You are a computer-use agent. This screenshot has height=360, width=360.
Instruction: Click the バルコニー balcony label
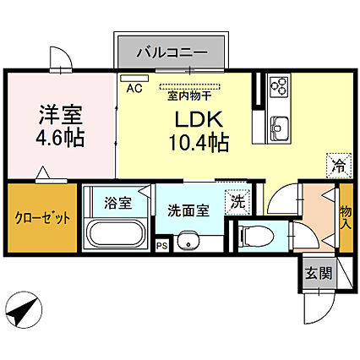(x=172, y=52)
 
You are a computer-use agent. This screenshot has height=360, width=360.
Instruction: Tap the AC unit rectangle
(x=134, y=78)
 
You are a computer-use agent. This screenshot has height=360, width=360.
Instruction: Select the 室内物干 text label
(x=189, y=96)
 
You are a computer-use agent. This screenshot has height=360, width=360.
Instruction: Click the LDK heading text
(x=199, y=120)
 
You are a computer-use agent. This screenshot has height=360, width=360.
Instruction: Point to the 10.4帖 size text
(x=199, y=143)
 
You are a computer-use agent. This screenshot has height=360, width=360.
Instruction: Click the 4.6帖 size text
(x=60, y=138)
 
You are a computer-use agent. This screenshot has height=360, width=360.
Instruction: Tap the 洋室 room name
(x=61, y=115)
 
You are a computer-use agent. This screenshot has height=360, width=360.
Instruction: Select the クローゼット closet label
(x=42, y=218)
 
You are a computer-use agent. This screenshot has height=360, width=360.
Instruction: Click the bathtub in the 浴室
(x=116, y=233)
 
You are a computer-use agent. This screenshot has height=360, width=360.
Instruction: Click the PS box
(x=162, y=246)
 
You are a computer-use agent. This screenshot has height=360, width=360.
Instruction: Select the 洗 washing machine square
(x=237, y=203)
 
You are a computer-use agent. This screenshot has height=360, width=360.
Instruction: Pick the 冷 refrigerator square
(x=339, y=166)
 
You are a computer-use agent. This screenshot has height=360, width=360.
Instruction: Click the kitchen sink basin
(x=280, y=128)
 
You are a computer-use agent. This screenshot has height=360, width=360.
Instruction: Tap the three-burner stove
(x=280, y=85)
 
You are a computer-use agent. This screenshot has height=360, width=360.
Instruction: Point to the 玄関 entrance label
(x=319, y=273)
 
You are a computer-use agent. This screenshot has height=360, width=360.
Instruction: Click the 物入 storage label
(x=346, y=217)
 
